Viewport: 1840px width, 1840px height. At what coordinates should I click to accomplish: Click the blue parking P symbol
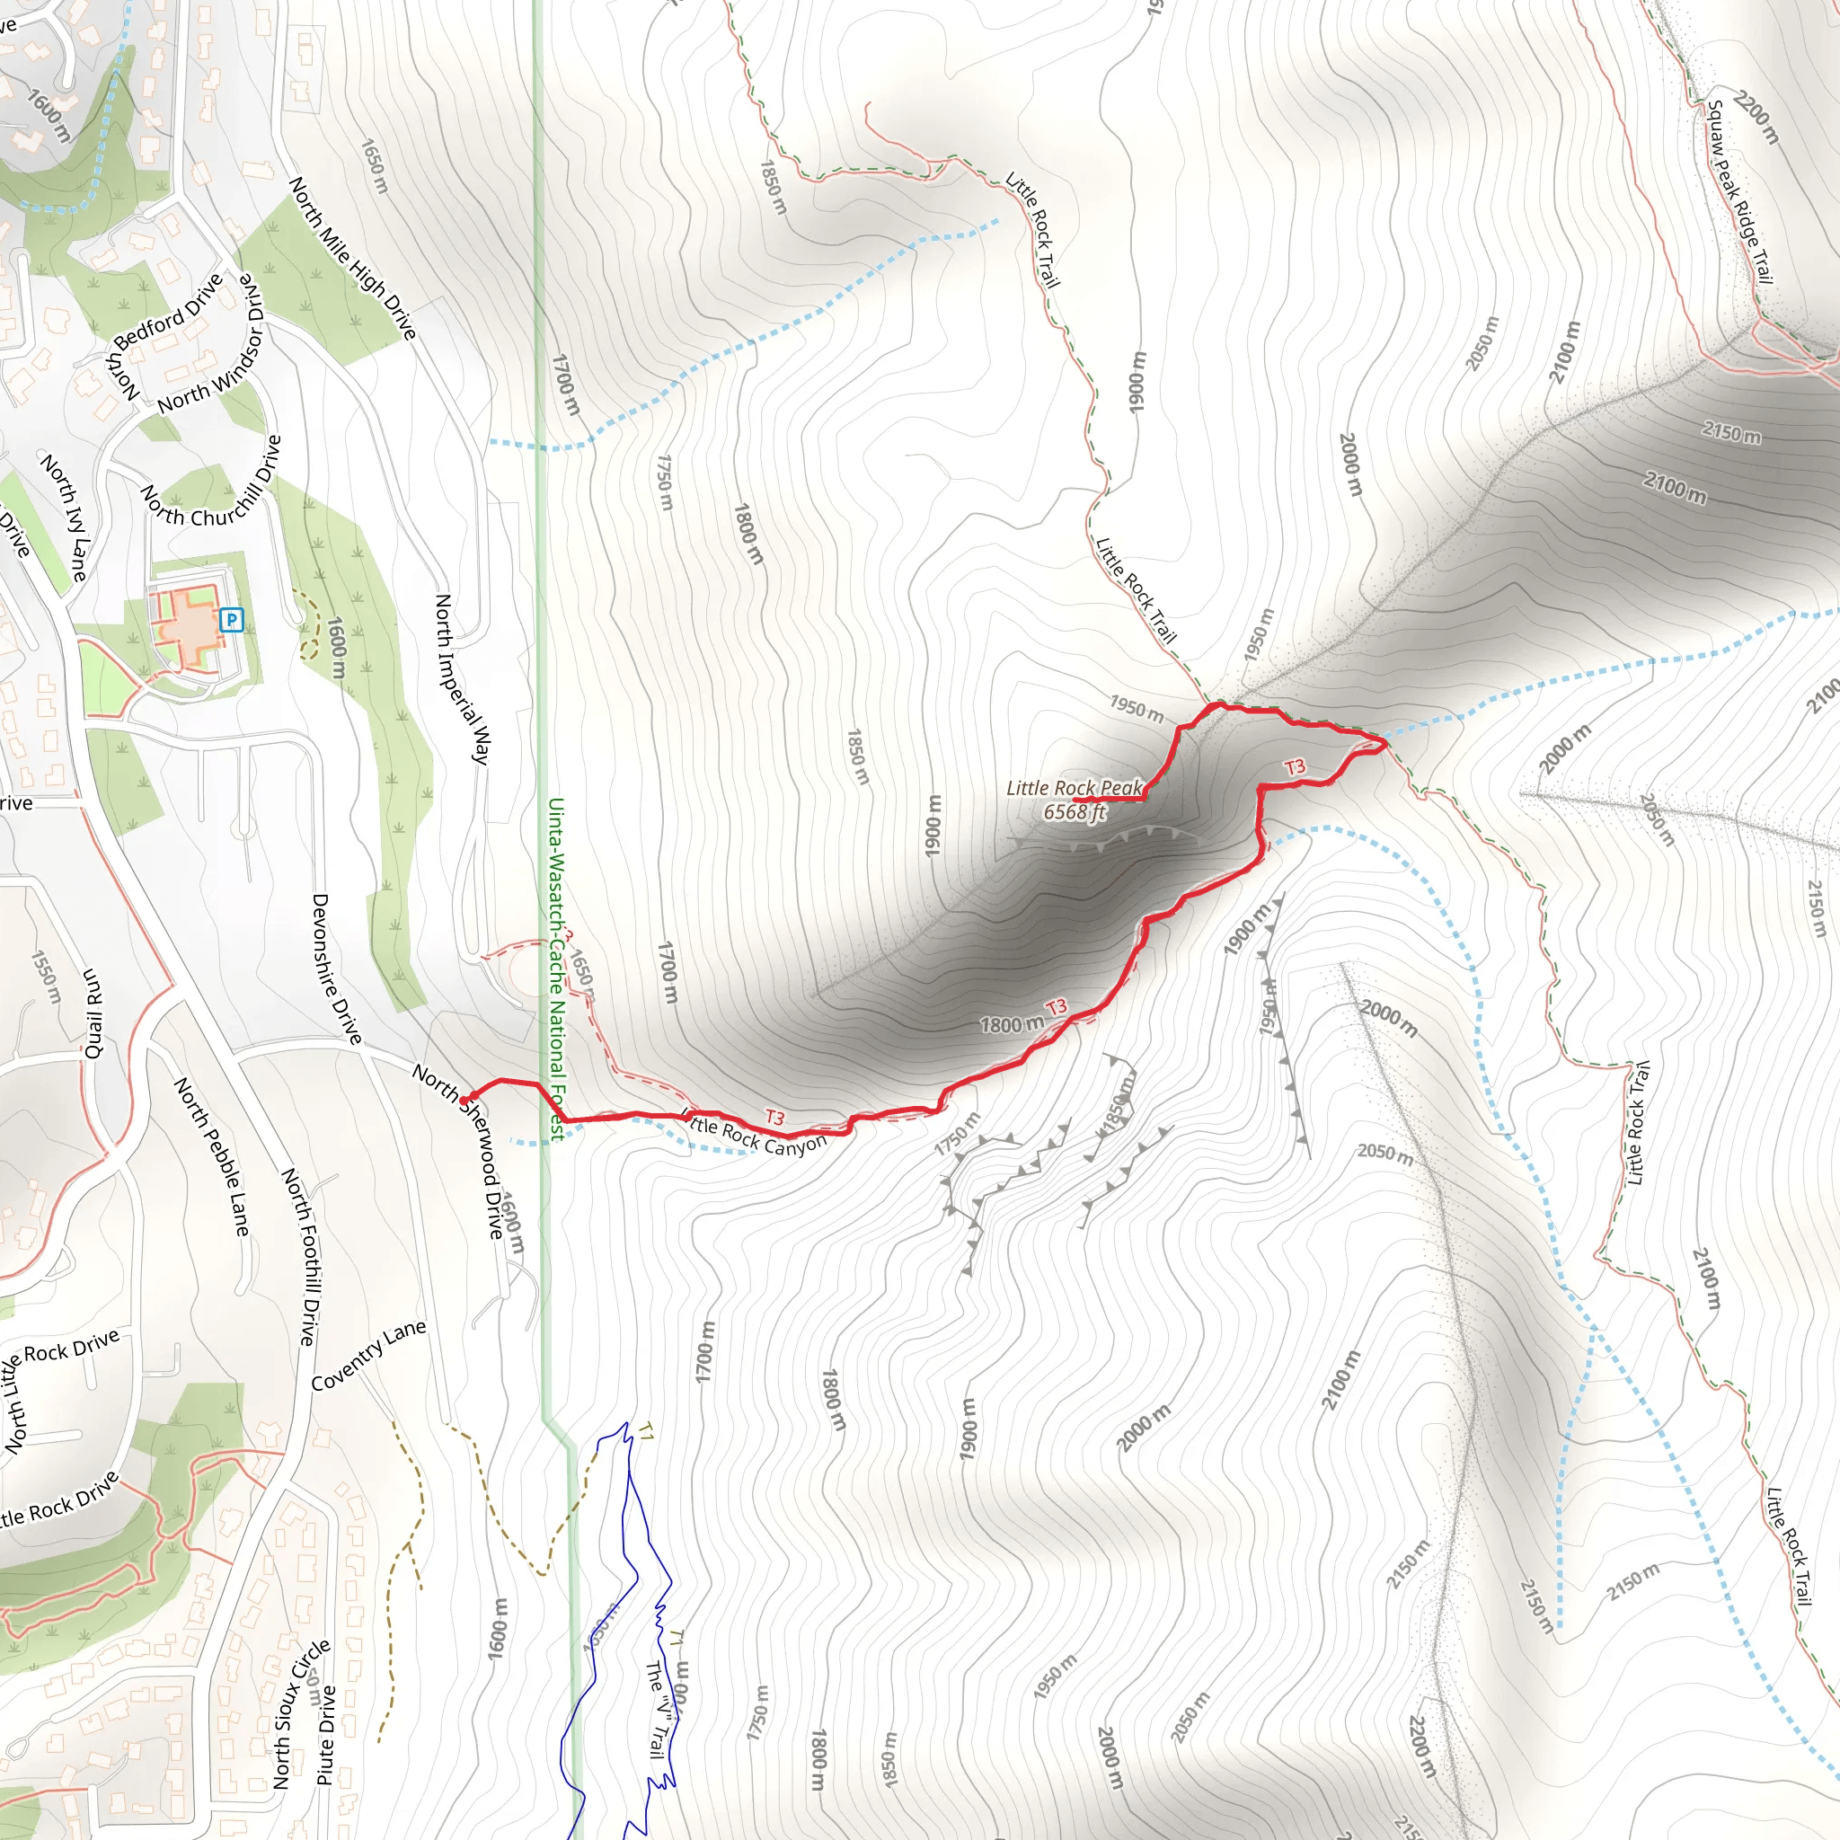[x=232, y=620]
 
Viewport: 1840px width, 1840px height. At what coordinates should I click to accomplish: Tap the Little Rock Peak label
[x=1074, y=789]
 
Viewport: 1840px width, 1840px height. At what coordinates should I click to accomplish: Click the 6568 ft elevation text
[x=1074, y=812]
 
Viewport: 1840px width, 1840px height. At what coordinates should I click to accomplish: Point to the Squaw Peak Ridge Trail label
[x=1739, y=191]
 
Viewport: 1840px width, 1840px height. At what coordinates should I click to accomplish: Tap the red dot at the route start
[x=464, y=1098]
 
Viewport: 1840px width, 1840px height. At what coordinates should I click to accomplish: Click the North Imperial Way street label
[x=462, y=678]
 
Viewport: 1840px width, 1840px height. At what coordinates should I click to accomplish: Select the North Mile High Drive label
[x=352, y=258]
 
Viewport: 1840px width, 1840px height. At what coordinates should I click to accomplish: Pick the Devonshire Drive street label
[x=337, y=969]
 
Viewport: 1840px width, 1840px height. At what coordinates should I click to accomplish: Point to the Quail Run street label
[x=93, y=1013]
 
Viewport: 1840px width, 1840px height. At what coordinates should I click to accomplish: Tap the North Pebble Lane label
[x=212, y=1157]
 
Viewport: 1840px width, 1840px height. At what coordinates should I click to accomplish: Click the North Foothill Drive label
[x=299, y=1256]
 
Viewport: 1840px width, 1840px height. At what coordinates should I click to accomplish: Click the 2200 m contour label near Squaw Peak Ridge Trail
[x=1756, y=117]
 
